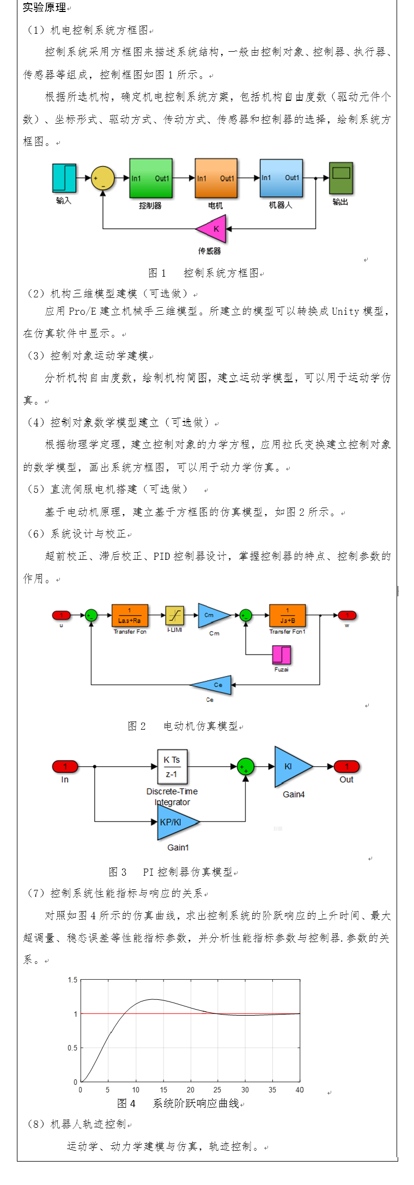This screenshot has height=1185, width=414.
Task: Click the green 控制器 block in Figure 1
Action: (x=151, y=178)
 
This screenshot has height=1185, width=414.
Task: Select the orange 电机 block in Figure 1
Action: (x=216, y=178)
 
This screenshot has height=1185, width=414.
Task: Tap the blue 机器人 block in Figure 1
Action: (x=281, y=178)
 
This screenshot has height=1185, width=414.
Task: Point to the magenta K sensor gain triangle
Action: (x=212, y=229)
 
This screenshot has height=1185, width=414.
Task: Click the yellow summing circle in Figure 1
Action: (x=102, y=178)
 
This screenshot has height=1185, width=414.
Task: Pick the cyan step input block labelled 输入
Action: (x=64, y=178)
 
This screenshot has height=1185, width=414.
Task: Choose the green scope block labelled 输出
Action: (x=341, y=178)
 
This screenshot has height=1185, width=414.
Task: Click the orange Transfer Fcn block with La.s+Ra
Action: (x=130, y=616)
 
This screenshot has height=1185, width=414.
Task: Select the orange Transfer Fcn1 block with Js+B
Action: (x=287, y=616)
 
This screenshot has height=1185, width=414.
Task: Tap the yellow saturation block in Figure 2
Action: (x=174, y=615)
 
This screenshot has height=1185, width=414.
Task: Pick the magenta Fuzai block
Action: (x=282, y=655)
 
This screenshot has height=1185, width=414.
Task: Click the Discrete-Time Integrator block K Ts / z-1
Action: (x=172, y=767)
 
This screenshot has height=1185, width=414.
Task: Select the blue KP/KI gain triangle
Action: (x=174, y=822)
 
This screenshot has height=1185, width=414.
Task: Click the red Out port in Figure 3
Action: (x=346, y=767)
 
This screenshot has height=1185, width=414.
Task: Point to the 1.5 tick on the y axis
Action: (x=72, y=980)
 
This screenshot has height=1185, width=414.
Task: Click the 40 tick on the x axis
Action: (x=300, y=1090)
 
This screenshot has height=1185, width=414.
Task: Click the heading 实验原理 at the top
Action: (x=45, y=8)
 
